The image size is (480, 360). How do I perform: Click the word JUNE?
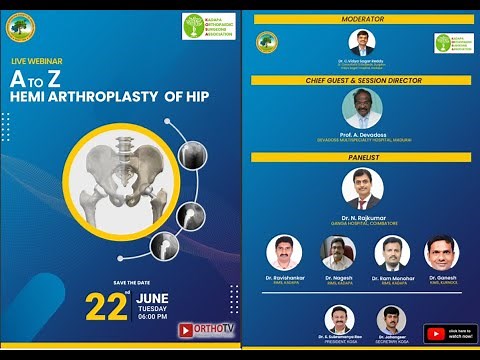tap(151, 298)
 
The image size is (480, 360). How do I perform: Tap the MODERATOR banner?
tap(362, 19)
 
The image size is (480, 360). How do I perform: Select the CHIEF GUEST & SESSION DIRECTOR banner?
tap(362, 80)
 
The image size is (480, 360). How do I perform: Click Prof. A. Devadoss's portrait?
tap(362, 108)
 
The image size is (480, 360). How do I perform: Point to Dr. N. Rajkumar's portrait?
tap(362, 187)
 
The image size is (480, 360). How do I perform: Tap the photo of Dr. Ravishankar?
tap(285, 253)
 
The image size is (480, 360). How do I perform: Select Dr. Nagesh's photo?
tap(338, 253)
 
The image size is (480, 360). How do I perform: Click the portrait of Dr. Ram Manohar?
tap(392, 253)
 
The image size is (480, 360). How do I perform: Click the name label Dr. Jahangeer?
tap(391, 338)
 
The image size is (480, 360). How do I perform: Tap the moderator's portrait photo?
tap(362, 43)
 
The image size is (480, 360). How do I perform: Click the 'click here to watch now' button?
tap(449, 333)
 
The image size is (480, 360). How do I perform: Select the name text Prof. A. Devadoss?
tap(362, 134)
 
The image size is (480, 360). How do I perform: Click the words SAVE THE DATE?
tap(134, 283)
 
